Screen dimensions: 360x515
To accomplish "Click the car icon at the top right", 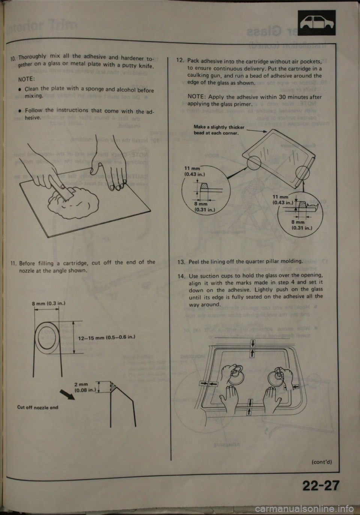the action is coord(316,23).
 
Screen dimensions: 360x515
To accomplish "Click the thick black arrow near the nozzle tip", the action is coord(67,395).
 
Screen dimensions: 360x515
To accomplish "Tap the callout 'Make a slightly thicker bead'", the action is coord(219,130).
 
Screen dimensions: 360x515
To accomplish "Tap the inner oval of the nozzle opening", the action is coord(47,339).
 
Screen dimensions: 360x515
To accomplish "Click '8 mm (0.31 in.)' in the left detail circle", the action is coord(201,207).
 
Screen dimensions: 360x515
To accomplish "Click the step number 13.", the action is coord(181,262).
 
